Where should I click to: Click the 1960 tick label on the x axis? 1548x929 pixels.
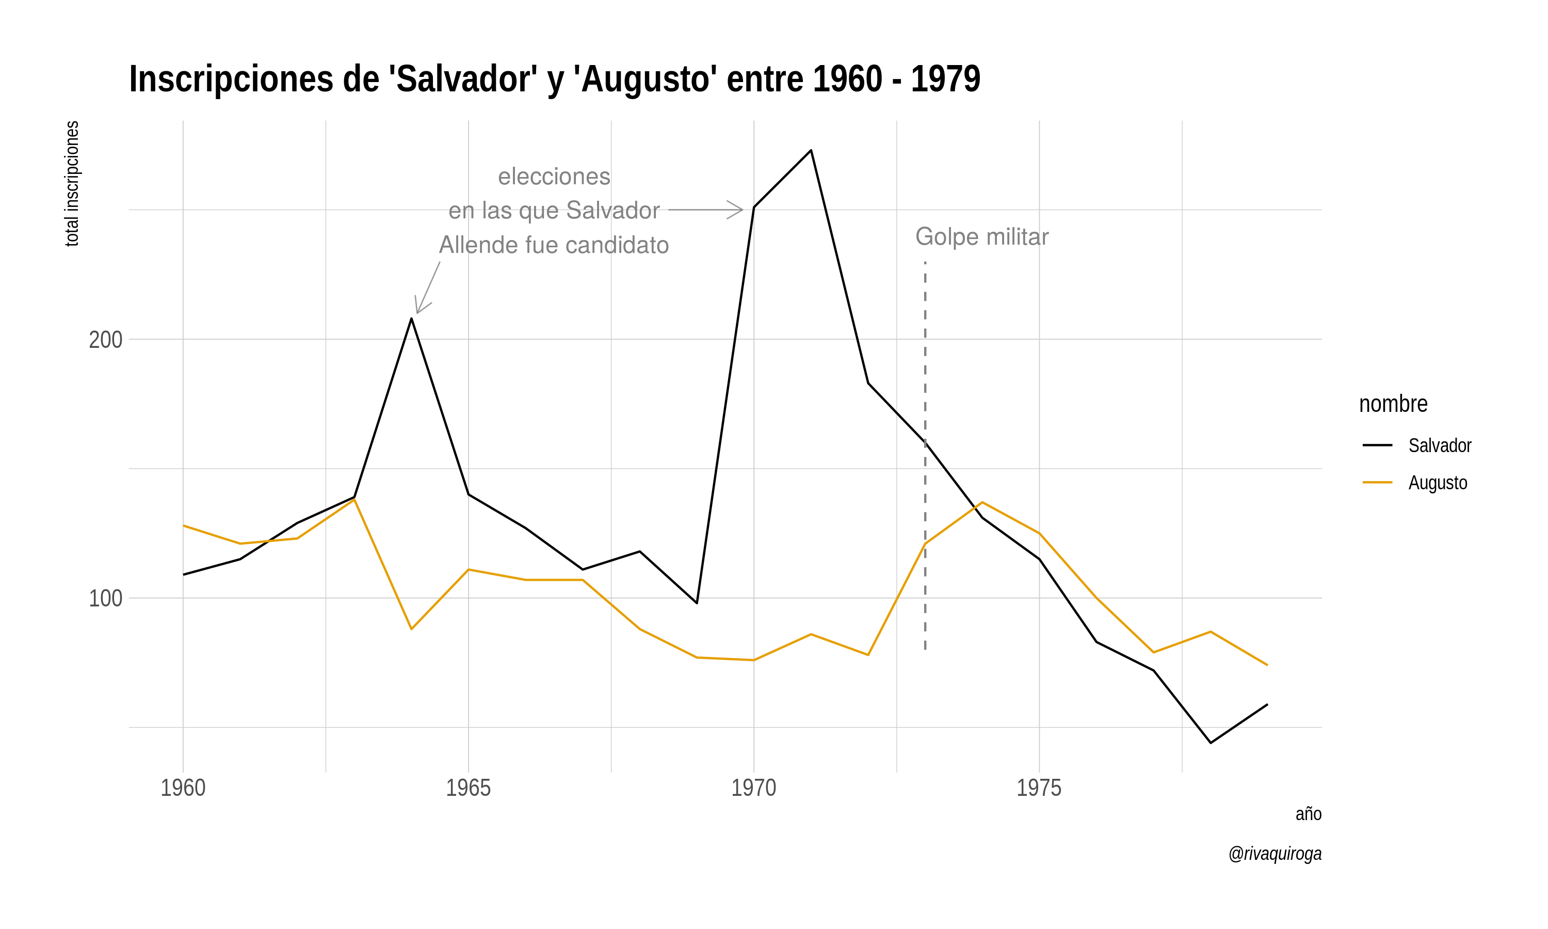tap(183, 788)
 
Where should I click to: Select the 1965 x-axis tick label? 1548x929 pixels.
tap(468, 788)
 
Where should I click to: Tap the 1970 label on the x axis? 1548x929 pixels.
tap(753, 788)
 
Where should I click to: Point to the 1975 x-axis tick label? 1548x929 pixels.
tap(1039, 788)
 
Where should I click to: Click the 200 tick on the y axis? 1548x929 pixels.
tap(105, 340)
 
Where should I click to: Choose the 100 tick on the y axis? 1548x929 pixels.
tap(105, 599)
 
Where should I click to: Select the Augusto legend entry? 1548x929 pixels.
tap(1437, 483)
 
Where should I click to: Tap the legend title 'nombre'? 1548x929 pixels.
tap(1393, 404)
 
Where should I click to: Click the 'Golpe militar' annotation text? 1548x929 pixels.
tap(981, 236)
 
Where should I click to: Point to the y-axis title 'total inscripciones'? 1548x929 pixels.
tap(72, 183)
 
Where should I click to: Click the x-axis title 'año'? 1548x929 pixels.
tap(1308, 814)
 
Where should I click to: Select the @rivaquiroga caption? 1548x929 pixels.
tap(1275, 853)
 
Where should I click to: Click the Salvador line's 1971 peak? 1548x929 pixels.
tap(811, 150)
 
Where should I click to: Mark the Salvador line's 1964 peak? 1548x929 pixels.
tap(411, 318)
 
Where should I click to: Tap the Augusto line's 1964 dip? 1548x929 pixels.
tap(411, 629)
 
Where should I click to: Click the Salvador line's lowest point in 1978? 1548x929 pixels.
tap(1210, 743)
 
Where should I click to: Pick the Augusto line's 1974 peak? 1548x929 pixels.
tap(982, 502)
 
